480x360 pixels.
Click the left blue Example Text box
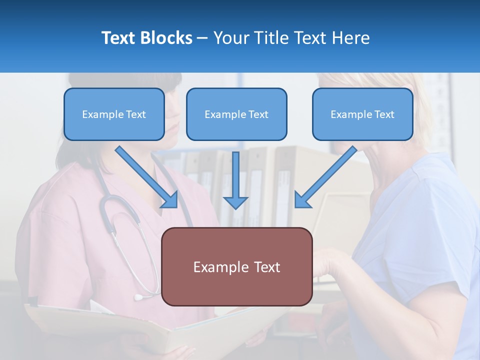pyautogui.click(x=114, y=114)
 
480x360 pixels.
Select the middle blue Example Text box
pyautogui.click(x=236, y=114)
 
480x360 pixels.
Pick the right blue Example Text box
pyautogui.click(x=362, y=114)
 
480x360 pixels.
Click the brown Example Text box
pyautogui.click(x=236, y=267)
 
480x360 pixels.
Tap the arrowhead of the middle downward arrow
pyautogui.click(x=235, y=202)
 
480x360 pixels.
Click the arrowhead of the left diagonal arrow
pyautogui.click(x=170, y=200)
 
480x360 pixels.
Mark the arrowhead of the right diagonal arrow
pyautogui.click(x=302, y=200)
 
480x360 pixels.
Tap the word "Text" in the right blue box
pyautogui.click(x=384, y=114)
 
